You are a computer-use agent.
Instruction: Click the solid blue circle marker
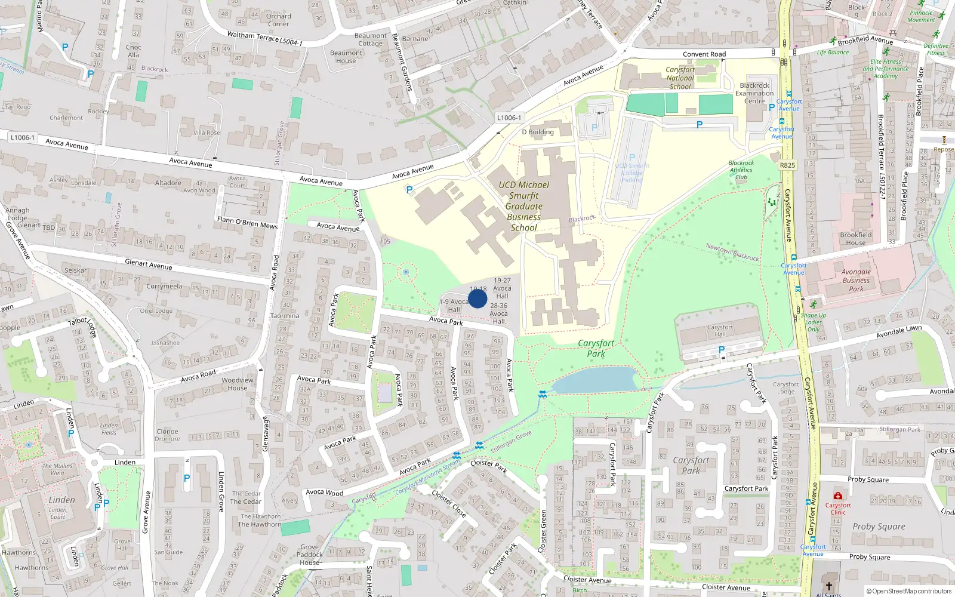coord(478,298)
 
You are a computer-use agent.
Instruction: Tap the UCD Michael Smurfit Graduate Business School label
coord(523,206)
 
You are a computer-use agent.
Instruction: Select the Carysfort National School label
coord(680,78)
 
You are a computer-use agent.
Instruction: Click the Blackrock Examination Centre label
coord(754,93)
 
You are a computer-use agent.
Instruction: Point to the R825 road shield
coord(787,165)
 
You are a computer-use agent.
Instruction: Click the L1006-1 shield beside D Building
coord(509,118)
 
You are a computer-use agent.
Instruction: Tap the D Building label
coord(538,132)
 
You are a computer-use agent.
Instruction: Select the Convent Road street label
coord(704,54)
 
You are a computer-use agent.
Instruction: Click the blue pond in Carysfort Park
coord(594,380)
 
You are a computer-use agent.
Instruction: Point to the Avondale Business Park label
coord(856,280)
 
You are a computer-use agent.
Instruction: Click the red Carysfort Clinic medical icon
coord(837,496)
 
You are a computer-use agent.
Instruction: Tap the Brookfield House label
coord(855,239)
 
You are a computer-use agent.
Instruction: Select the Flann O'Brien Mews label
coord(247,223)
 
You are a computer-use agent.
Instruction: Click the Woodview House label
coord(238,384)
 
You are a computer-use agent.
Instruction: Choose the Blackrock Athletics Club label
coord(741,170)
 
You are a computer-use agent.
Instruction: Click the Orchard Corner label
coord(279,20)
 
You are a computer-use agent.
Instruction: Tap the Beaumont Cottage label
coord(370,39)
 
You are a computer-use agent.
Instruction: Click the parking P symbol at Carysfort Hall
coord(722,350)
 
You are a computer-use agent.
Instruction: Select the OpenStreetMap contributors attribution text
coord(908,591)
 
